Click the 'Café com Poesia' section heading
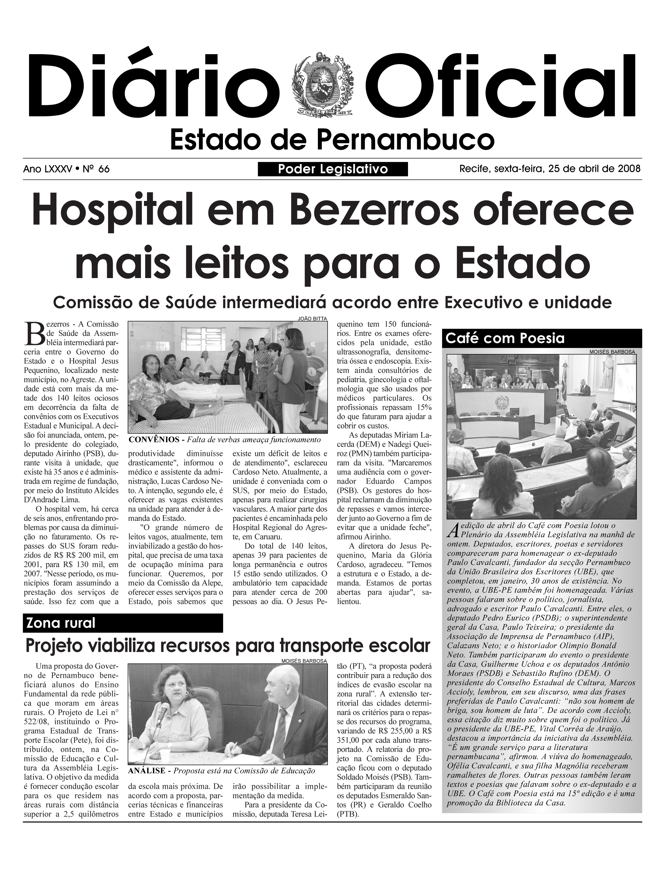click(x=505, y=338)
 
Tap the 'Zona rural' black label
click(x=61, y=623)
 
